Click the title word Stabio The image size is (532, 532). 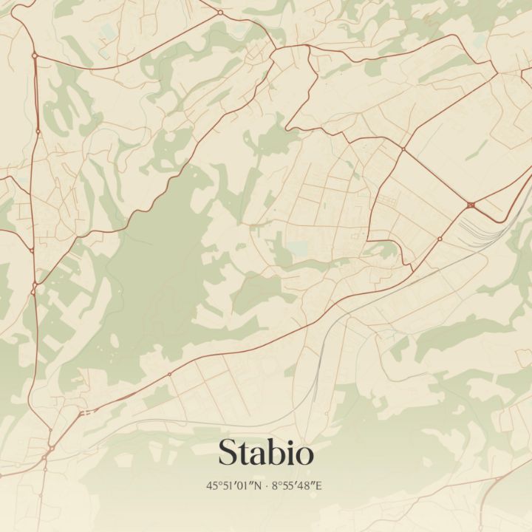[x=266, y=453]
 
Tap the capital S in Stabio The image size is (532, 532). [x=228, y=453]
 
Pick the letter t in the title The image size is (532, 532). [x=244, y=454]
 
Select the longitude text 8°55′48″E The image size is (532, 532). [x=299, y=485]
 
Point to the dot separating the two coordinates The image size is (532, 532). [x=267, y=485]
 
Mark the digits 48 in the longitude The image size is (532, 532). [x=310, y=485]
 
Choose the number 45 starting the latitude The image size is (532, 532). [x=212, y=485]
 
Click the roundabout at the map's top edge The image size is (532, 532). [x=220, y=12]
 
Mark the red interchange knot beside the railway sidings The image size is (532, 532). [x=471, y=205]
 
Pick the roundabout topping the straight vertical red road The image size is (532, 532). [x=34, y=55]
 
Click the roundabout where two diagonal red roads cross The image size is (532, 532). [x=403, y=149]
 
